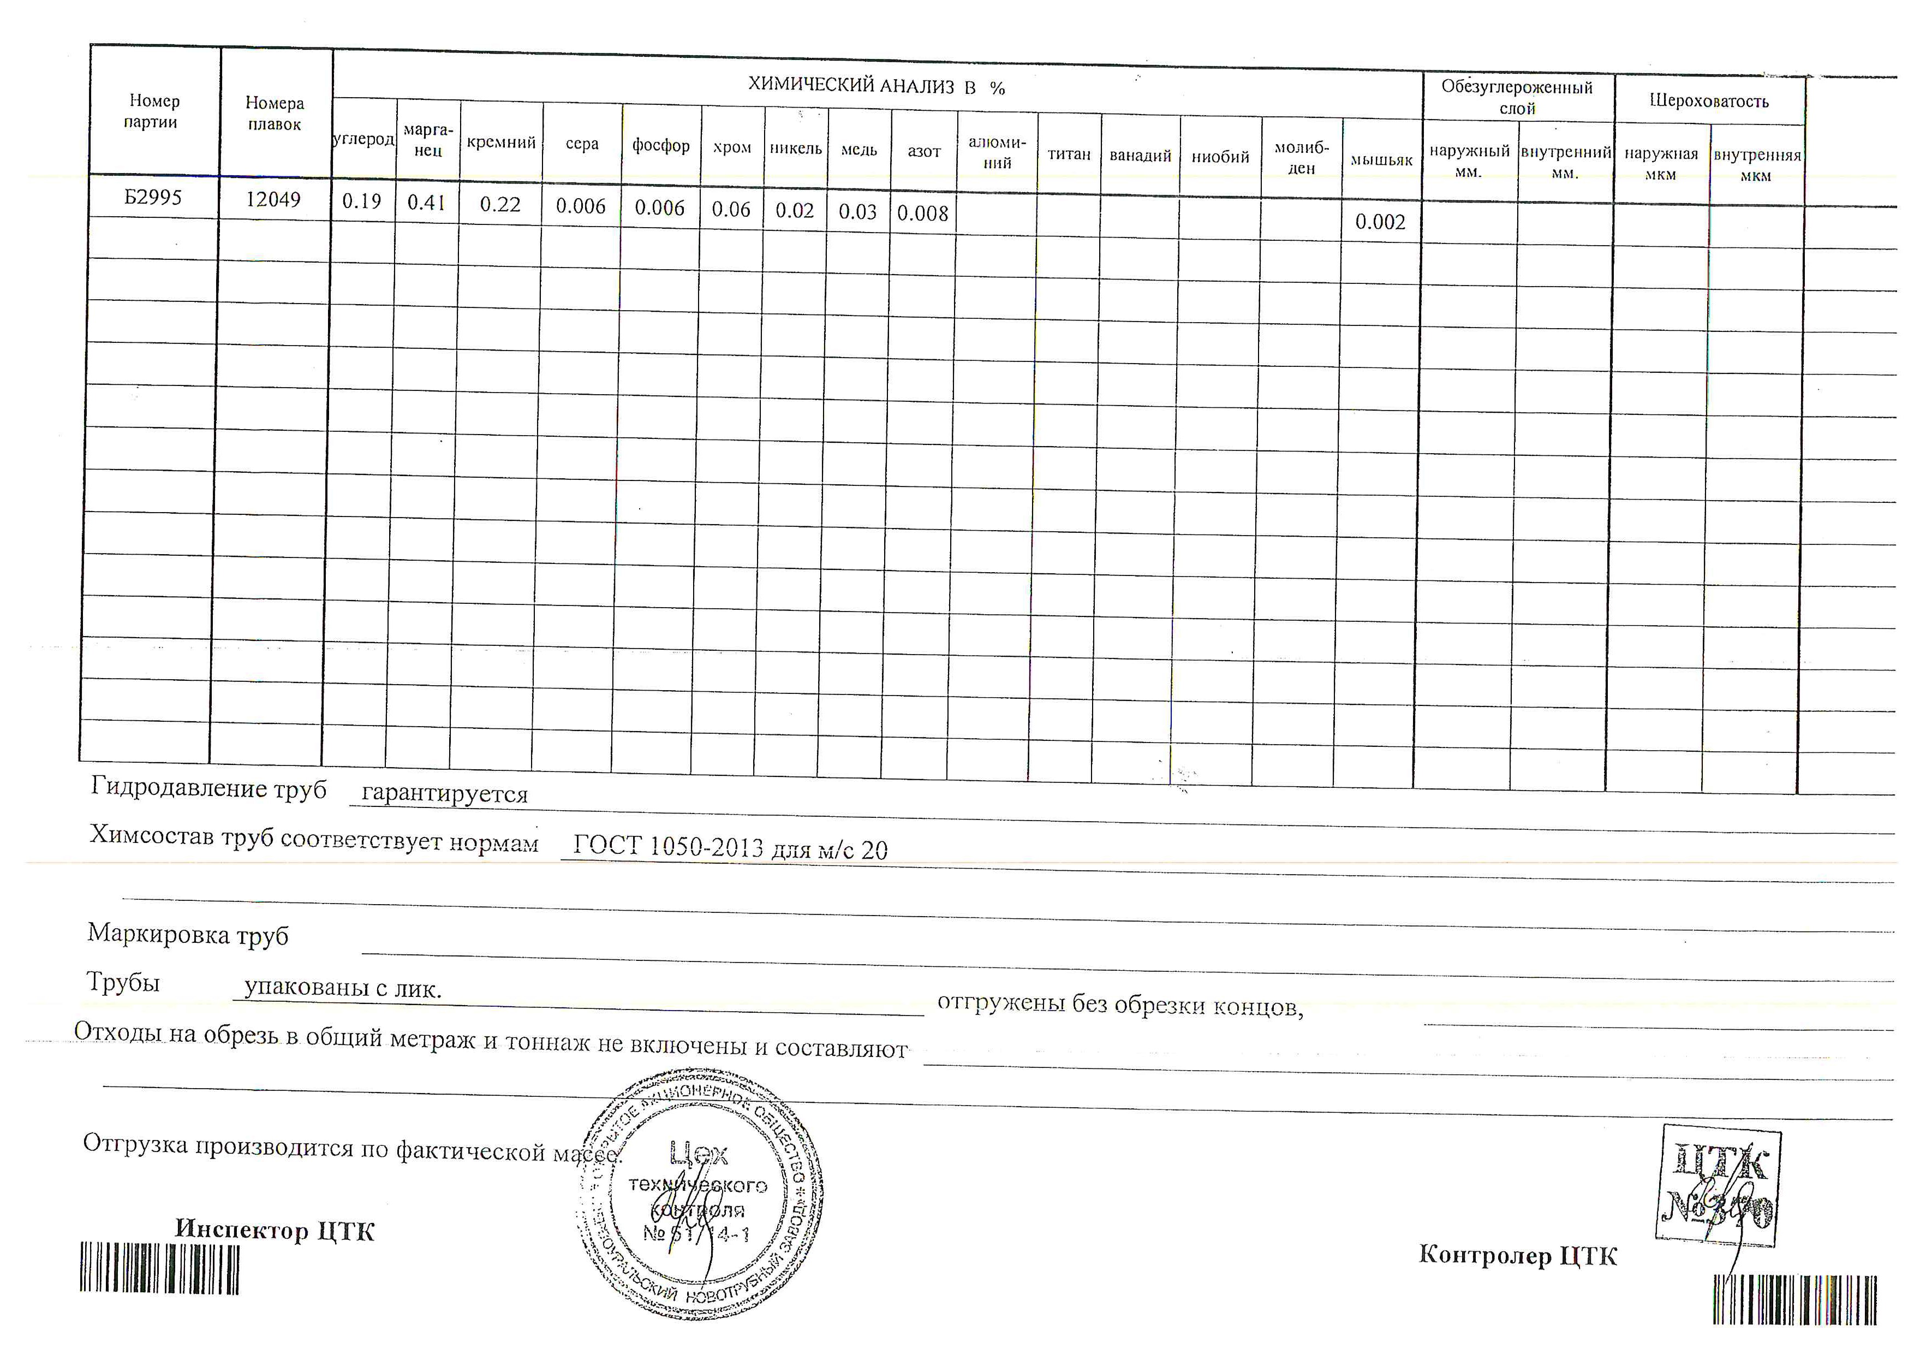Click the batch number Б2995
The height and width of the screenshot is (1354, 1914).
pos(153,198)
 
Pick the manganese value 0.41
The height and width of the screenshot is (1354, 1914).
pos(426,203)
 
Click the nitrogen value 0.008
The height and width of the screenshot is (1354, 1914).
pos(923,213)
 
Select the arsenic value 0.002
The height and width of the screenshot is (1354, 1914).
pos(1380,222)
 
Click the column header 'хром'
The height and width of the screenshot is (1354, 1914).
pos(732,147)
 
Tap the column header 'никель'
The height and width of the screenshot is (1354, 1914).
pos(795,149)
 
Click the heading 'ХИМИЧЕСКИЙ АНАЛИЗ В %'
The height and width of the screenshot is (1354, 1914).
pos(876,86)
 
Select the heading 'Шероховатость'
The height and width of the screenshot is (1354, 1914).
pos(1709,101)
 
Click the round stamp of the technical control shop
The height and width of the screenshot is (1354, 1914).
pos(699,1194)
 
